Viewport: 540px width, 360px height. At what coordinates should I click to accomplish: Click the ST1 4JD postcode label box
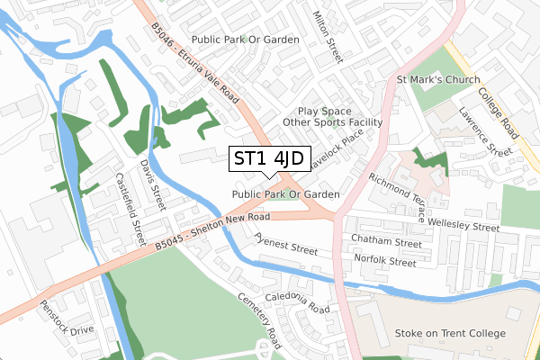point(269,159)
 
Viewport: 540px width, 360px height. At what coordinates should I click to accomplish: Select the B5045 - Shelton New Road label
point(211,229)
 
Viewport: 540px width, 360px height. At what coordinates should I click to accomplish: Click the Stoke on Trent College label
point(450,333)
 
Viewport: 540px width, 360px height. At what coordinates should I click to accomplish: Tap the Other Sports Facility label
point(332,122)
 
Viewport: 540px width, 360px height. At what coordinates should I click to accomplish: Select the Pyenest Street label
point(286,245)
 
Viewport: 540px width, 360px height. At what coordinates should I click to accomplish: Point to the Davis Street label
point(153,183)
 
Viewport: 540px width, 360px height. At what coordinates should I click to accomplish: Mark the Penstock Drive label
point(67,316)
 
